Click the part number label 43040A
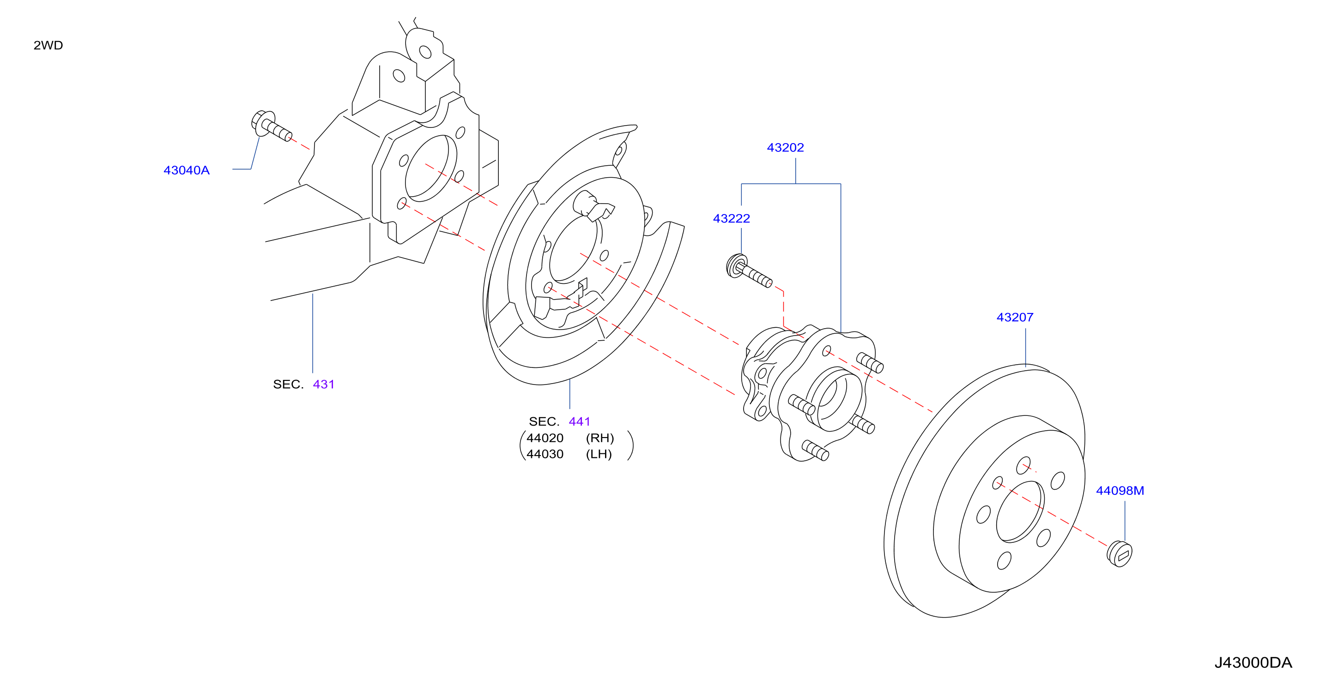point(186,170)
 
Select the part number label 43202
point(785,148)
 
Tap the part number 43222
point(732,218)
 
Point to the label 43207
point(1015,317)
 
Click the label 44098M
point(1120,491)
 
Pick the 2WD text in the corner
point(48,45)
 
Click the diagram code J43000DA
point(1253,662)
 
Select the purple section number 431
point(323,384)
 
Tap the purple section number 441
point(580,421)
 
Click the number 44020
point(545,438)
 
